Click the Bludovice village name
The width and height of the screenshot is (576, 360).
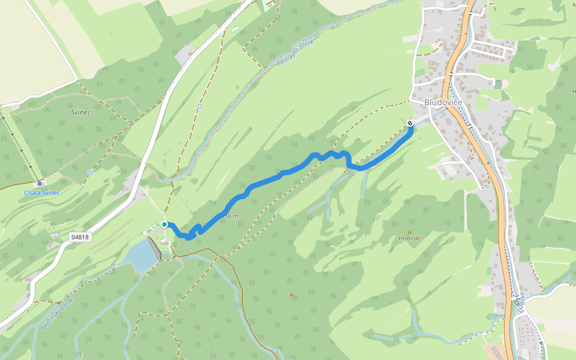pos(443,103)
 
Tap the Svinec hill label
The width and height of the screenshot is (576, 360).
pos(80,113)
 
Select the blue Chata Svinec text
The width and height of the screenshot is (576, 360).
pos(42,193)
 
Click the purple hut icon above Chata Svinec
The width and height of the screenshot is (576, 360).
pos(40,183)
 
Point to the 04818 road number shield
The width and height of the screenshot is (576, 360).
pos(79,237)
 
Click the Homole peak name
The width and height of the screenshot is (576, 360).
pos(410,238)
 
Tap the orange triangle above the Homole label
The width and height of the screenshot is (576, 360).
pos(410,232)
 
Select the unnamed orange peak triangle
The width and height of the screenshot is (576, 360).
pos(292,295)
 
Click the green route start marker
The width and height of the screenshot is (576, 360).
pos(164,224)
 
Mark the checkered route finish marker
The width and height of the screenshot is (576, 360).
pos(410,123)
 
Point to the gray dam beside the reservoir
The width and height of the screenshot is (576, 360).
pos(154,248)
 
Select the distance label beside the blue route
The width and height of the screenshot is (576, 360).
pos(231,216)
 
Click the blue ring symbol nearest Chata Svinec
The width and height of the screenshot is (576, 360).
pos(91,173)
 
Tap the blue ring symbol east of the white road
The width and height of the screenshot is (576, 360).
pos(200,106)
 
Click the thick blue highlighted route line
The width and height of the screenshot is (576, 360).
pos(270,178)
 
